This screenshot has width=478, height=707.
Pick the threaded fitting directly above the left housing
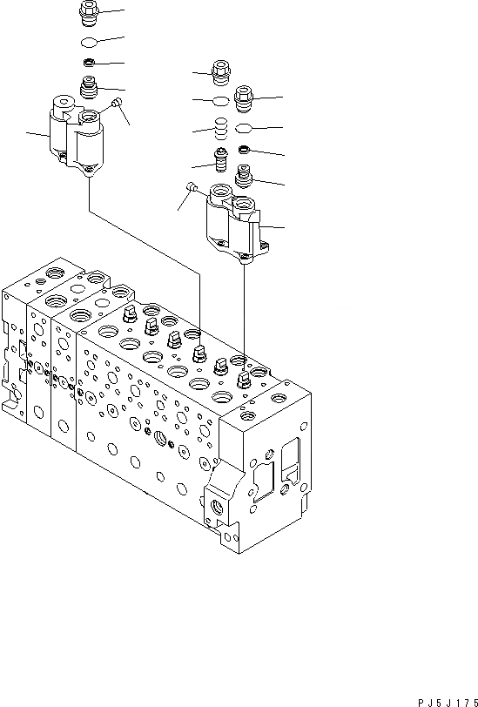[x=89, y=87]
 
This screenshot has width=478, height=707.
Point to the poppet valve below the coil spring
[x=221, y=160]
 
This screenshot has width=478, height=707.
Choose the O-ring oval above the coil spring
[x=221, y=103]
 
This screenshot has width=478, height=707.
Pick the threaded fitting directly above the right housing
[x=244, y=181]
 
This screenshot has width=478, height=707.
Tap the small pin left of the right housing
[x=191, y=185]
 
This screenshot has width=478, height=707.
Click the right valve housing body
[x=232, y=226]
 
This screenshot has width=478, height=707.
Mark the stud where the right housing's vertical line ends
[x=245, y=378]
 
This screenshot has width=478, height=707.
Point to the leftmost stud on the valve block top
[x=129, y=315]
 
